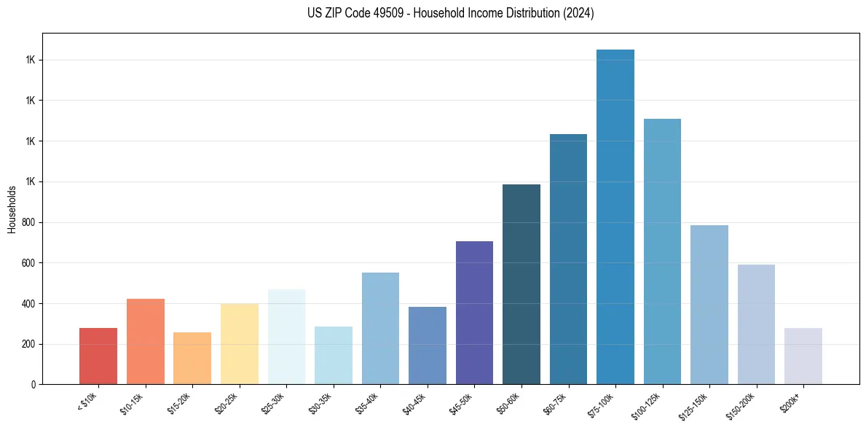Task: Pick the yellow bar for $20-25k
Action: pyautogui.click(x=239, y=343)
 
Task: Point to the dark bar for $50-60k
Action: pyautogui.click(x=521, y=284)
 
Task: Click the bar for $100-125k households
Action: pyautogui.click(x=662, y=251)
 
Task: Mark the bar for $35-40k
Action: pyautogui.click(x=380, y=328)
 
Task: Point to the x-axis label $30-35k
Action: pyautogui.click(x=321, y=402)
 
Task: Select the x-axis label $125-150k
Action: pyautogui.click(x=696, y=404)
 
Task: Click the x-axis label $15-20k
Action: pyautogui.click(x=180, y=402)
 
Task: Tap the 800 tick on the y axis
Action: pyautogui.click(x=28, y=222)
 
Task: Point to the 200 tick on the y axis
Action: pyautogui.click(x=28, y=344)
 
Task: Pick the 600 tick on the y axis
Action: pyautogui.click(x=28, y=263)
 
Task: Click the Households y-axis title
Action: pyautogui.click(x=12, y=209)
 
